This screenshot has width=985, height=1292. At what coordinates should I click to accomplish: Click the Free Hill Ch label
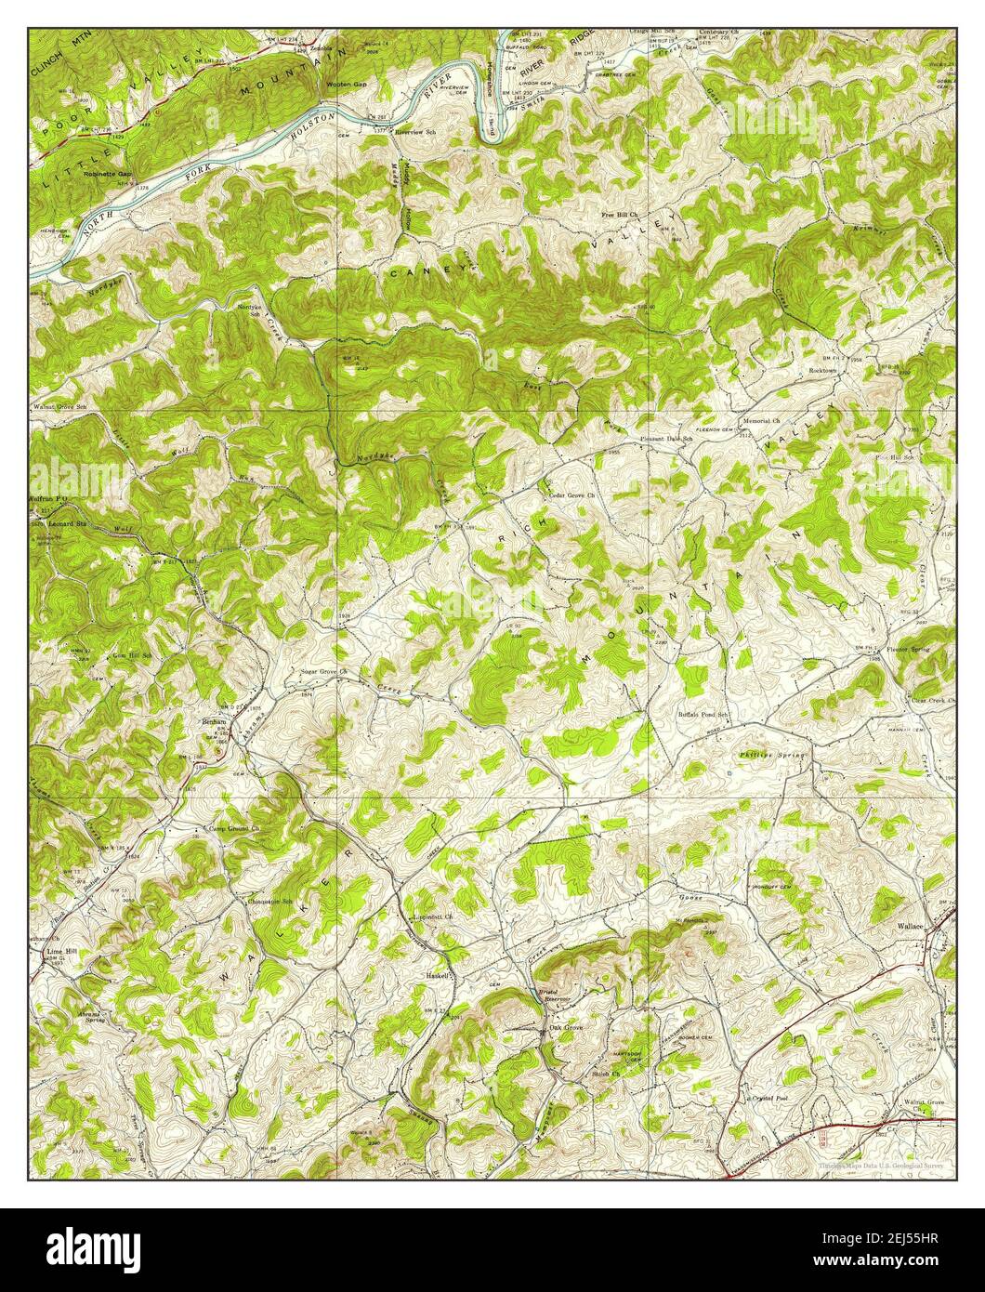620,215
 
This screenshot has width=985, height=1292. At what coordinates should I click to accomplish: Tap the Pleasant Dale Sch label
666,439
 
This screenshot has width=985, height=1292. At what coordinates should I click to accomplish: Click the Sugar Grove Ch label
317,670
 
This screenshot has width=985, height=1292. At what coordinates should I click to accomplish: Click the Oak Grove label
566,1028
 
